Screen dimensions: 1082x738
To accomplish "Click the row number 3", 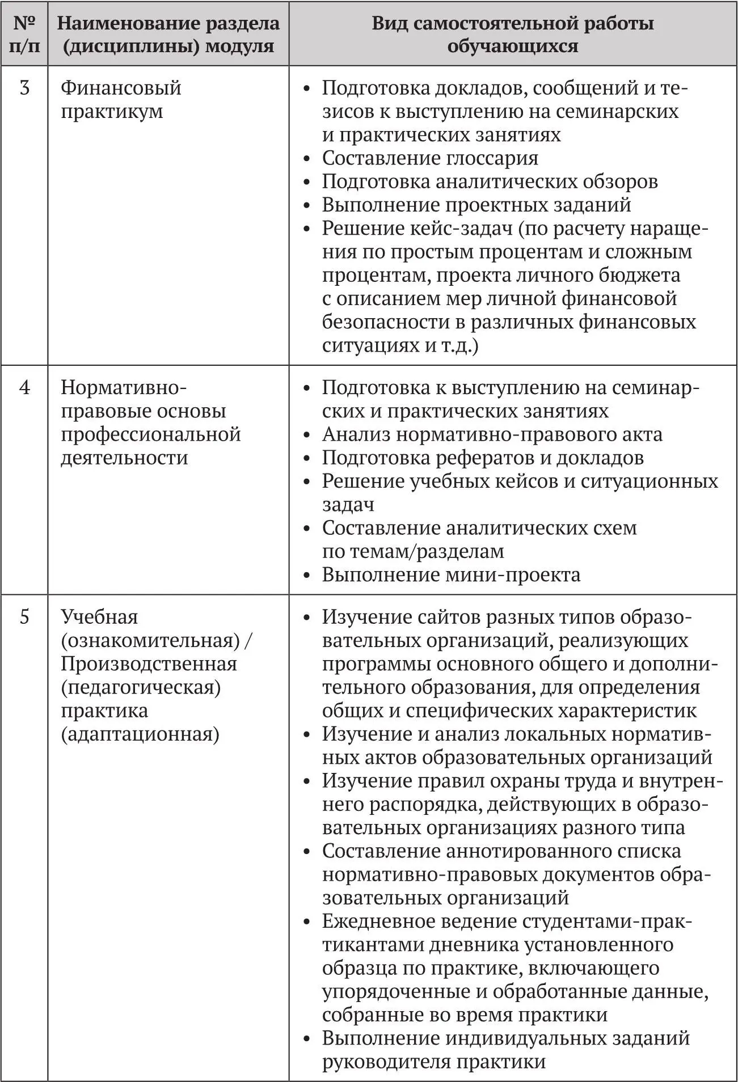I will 24,88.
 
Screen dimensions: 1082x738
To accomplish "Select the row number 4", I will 24,388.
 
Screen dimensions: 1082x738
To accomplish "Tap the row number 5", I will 24,617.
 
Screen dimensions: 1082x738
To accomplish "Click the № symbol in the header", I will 24,23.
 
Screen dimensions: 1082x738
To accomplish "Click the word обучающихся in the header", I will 512,46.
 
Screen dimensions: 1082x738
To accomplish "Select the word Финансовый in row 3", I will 121,88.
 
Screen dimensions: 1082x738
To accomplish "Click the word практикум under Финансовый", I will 112,112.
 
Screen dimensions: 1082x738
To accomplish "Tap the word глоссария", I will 492,158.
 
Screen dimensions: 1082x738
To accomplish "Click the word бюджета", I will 644,276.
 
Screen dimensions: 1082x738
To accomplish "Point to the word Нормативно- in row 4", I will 124,388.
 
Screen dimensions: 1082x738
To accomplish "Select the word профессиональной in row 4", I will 151,435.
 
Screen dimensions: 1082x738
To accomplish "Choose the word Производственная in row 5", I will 149,664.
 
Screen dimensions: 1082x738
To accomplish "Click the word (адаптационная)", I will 140,734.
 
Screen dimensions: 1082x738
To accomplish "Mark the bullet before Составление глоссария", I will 307,159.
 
